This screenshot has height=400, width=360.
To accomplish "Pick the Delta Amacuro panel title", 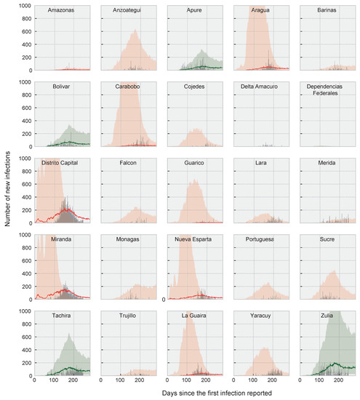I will click(262, 87).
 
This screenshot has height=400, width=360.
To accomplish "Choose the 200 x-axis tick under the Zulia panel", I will click(342, 380).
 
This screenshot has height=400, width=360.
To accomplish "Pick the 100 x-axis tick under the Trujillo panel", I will click(121, 380).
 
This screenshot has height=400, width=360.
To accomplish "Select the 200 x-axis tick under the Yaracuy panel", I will click(276, 380).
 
